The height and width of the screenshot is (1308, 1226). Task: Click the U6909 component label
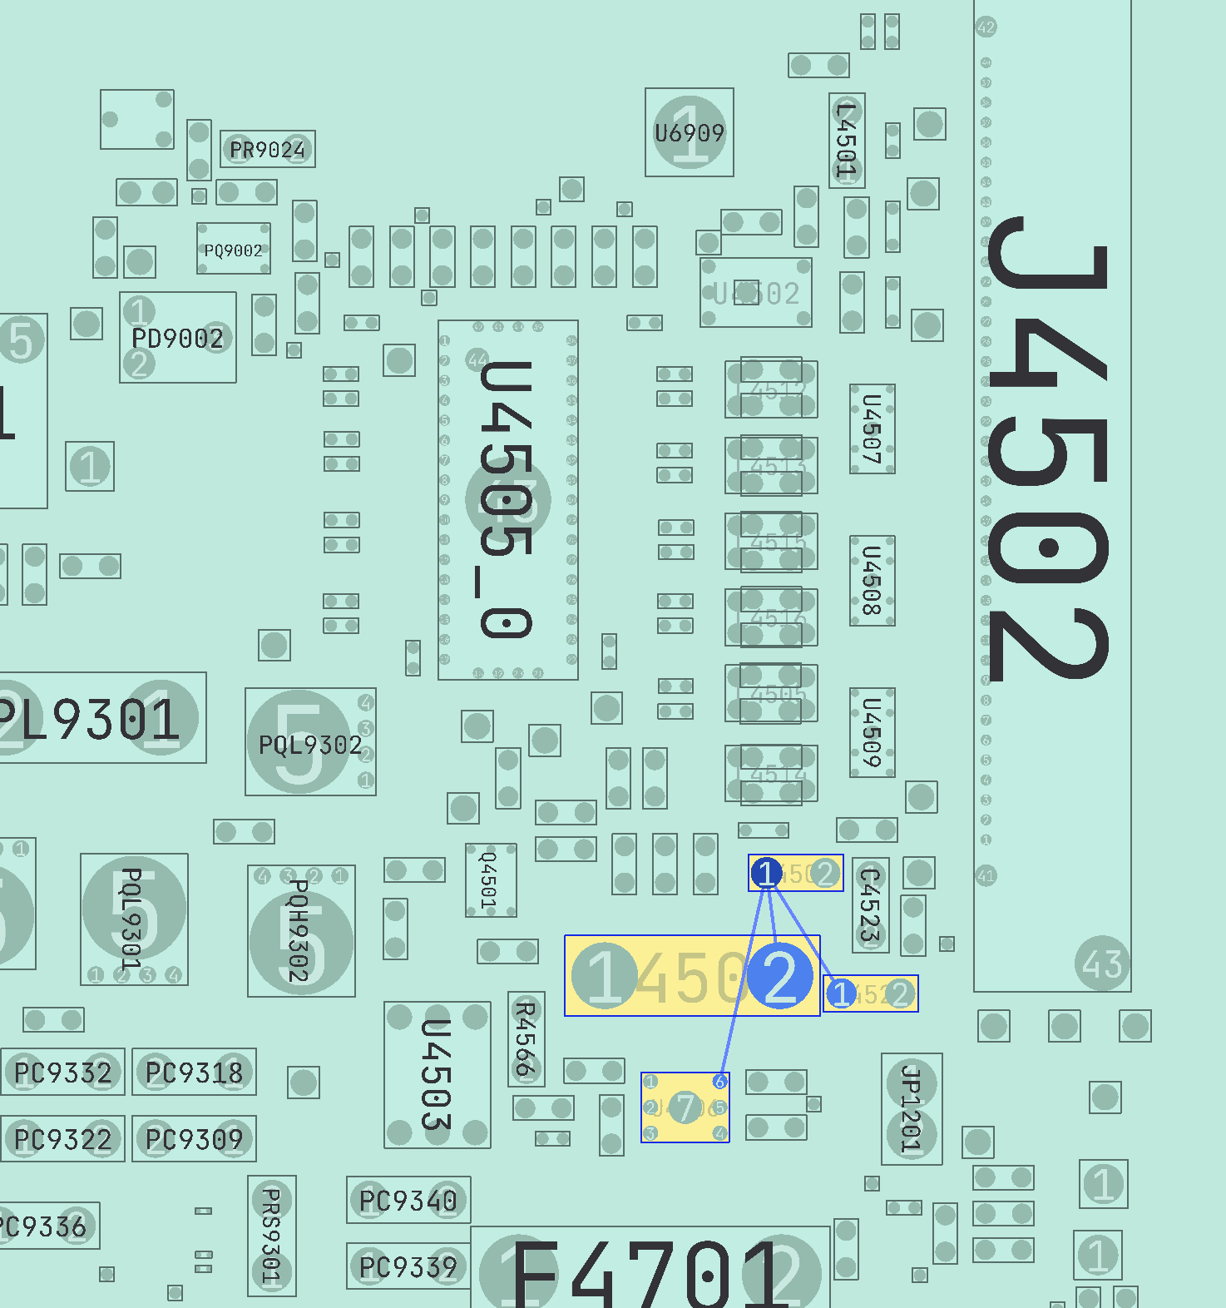click(689, 133)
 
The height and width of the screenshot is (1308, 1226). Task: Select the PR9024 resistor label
click(267, 150)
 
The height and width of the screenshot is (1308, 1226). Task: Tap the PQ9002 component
click(233, 250)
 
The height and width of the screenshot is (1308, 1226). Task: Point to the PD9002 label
click(177, 339)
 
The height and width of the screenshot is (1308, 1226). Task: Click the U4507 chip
click(872, 429)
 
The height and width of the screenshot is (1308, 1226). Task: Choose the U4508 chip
click(872, 581)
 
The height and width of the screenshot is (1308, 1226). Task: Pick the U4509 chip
click(872, 732)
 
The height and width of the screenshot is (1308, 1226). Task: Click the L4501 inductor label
click(846, 140)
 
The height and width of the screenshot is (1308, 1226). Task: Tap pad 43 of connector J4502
click(1102, 964)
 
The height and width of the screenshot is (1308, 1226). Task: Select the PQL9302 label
click(310, 745)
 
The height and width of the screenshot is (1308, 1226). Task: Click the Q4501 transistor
click(490, 880)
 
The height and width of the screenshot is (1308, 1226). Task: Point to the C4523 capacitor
click(870, 905)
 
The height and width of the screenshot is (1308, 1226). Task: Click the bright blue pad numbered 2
click(779, 975)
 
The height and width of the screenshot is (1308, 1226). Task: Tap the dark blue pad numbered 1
click(766, 873)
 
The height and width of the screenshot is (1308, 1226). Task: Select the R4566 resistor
click(526, 1038)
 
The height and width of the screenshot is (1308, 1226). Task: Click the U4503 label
click(436, 1075)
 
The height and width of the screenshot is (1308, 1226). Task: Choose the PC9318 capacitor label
click(194, 1073)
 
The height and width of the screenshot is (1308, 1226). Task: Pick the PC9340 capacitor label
click(408, 1201)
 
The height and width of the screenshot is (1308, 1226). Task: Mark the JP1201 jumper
click(912, 1108)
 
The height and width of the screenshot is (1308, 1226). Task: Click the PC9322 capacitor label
click(62, 1139)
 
